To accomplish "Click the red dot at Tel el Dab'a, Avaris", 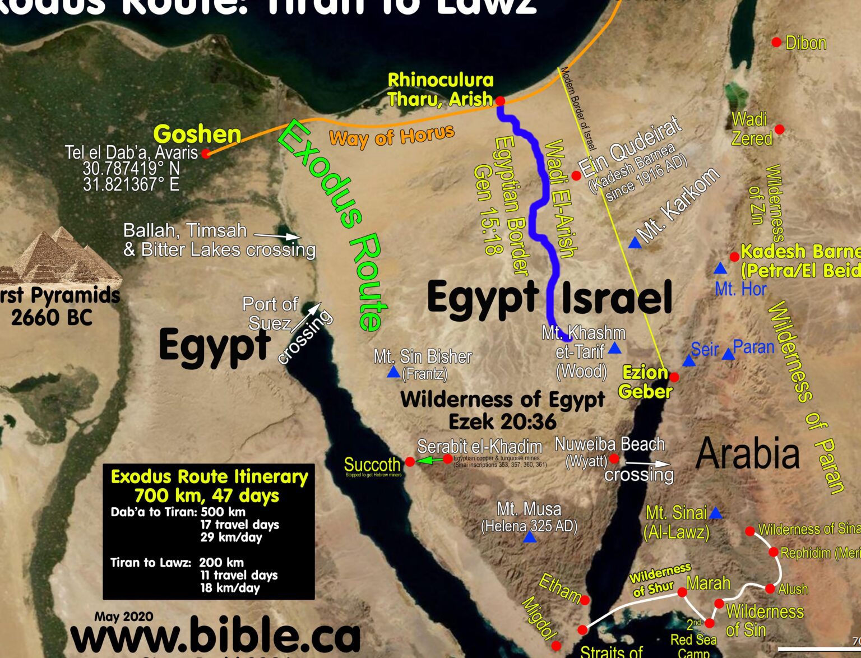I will (206, 153).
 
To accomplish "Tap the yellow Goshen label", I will (197, 135).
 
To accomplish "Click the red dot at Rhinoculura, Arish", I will (500, 101).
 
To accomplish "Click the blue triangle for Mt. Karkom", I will (635, 243).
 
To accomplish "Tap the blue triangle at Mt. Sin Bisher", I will (394, 372).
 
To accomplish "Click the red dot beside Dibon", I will (776, 42).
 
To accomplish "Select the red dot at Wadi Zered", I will (779, 129).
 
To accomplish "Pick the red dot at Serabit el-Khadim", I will (448, 459).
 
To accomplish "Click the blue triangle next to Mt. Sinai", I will (715, 513).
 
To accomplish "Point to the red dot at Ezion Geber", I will (674, 377).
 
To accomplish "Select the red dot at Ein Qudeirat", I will (576, 175).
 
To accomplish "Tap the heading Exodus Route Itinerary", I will (209, 476).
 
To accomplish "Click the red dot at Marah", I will (682, 592).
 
